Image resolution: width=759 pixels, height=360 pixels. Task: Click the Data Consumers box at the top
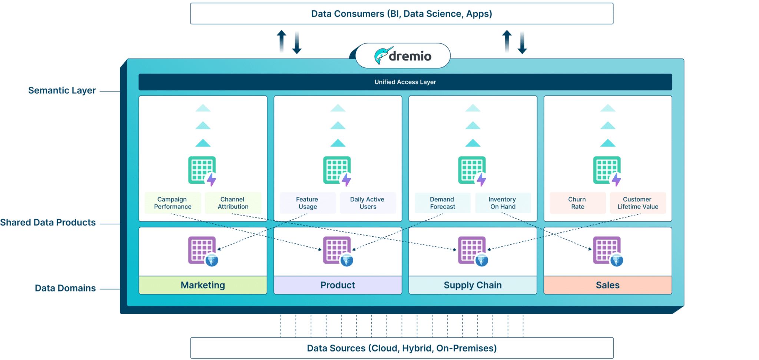click(402, 14)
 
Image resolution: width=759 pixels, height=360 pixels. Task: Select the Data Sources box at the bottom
click(402, 348)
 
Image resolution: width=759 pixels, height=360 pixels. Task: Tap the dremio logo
click(403, 56)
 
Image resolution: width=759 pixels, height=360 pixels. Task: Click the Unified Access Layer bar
click(405, 82)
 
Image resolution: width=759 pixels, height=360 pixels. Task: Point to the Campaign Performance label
click(173, 203)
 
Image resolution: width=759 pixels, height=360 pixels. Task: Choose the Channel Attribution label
click(233, 203)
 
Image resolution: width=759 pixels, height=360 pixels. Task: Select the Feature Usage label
click(308, 203)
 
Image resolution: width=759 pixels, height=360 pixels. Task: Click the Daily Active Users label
click(368, 203)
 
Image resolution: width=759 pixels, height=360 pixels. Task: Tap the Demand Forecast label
click(443, 203)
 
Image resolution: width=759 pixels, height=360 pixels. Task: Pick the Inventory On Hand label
click(503, 203)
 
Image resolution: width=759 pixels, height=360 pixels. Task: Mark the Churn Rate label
click(577, 203)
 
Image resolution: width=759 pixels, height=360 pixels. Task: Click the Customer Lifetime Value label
click(637, 203)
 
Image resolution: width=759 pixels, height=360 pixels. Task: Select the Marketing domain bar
click(203, 285)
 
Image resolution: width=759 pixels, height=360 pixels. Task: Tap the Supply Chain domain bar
click(473, 285)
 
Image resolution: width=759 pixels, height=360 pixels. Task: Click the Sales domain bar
click(607, 285)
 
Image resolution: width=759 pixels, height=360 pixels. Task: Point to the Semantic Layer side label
click(62, 90)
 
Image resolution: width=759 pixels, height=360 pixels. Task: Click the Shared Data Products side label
click(48, 223)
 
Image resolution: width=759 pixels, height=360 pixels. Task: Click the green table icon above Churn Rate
click(607, 170)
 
